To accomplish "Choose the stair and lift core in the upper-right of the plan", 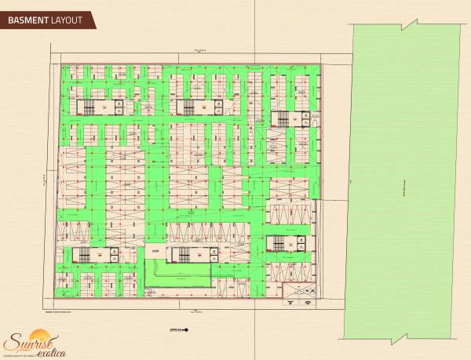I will click(287, 118).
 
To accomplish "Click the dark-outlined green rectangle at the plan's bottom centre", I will click(179, 273).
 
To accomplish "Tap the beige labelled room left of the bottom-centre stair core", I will click(156, 252).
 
